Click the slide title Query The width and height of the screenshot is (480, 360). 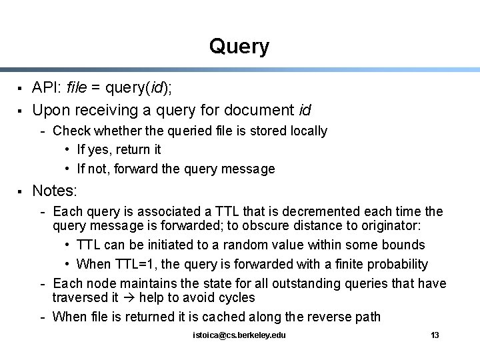click(239, 47)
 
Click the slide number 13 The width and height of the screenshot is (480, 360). click(435, 335)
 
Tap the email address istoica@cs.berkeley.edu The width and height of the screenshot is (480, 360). click(238, 335)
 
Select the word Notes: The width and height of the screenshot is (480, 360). click(55, 191)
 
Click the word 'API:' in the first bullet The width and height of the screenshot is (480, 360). click(47, 87)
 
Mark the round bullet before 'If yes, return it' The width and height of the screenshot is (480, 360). click(69, 150)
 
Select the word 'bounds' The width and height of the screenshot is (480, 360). click(405, 245)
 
